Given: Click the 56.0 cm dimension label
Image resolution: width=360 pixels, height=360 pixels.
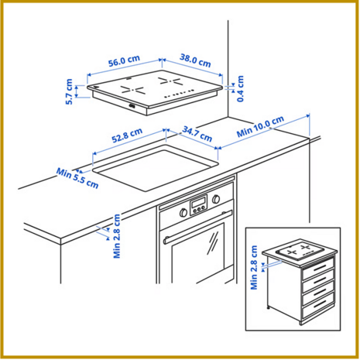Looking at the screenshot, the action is click(124, 61).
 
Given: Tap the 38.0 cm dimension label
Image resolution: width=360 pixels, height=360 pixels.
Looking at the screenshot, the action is click(195, 60).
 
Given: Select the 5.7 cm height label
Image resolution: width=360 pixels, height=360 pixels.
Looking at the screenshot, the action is click(69, 92).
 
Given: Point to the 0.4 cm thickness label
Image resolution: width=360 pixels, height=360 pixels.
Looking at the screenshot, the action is click(240, 88).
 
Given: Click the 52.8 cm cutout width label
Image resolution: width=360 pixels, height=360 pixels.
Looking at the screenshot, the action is click(127, 135).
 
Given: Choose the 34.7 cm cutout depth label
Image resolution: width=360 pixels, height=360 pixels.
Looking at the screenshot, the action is click(197, 134).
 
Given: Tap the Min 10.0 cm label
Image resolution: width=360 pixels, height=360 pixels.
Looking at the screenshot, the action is click(260, 126).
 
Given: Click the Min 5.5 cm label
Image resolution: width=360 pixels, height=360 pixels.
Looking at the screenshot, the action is click(77, 178).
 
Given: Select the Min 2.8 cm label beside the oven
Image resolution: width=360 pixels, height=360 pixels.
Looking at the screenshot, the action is click(117, 236).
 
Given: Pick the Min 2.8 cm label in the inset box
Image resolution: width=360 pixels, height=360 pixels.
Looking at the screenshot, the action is click(254, 267).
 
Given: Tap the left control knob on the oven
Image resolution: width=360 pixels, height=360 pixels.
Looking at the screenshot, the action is click(183, 213).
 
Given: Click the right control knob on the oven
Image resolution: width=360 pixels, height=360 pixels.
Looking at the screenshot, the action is click(216, 199).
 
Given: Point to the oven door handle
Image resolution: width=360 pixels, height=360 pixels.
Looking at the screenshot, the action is click(198, 227).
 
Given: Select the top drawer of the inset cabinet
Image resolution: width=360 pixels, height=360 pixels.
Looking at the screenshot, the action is click(318, 268).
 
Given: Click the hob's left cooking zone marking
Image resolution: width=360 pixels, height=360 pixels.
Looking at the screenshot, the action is click(132, 90).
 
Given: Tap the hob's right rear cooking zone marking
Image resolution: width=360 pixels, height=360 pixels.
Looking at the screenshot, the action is click(170, 81).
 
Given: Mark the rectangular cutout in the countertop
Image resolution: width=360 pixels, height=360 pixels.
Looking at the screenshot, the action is click(156, 168).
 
